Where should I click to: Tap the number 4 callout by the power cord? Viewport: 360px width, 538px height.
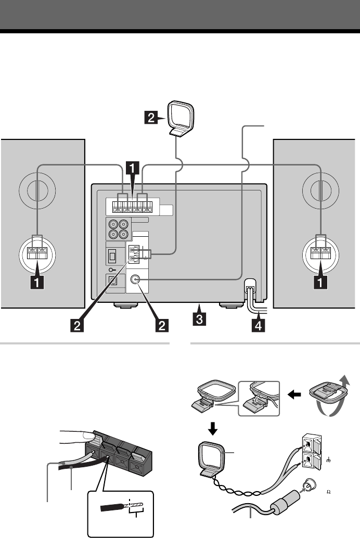pos(259,325)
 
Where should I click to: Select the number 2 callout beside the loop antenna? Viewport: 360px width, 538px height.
pos(151,118)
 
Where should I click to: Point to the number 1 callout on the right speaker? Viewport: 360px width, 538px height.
pos(321,283)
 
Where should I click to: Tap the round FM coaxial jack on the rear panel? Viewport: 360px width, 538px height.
pos(136,279)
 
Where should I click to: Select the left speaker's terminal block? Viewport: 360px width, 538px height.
pos(37,253)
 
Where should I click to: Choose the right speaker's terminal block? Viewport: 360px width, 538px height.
pos(320,253)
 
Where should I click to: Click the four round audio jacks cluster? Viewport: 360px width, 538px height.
pos(118,229)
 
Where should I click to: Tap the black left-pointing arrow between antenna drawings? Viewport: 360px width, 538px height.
pos(294,395)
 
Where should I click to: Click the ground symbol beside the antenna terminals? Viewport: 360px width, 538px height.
pos(328,460)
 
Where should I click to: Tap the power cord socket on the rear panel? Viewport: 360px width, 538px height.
pos(250,285)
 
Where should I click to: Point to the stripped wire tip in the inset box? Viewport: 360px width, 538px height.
pos(137,505)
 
